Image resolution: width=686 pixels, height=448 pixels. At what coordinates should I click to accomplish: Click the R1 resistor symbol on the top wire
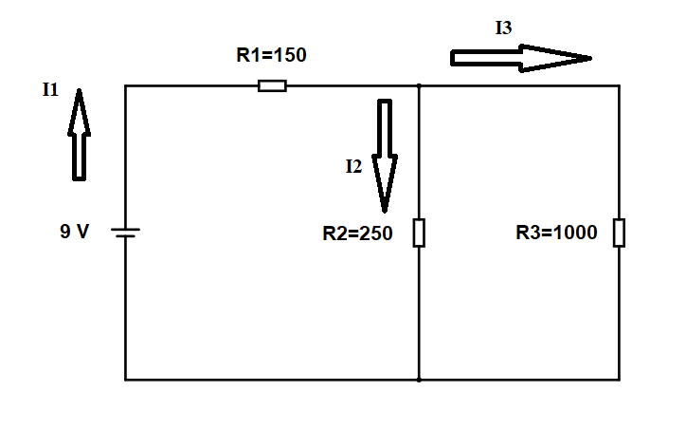tap(272, 86)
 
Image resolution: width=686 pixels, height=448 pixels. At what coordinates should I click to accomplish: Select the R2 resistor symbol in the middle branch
tap(419, 233)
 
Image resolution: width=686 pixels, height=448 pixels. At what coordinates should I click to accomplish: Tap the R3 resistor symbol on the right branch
tap(619, 233)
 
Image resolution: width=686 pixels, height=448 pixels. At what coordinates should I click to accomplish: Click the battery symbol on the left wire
tap(126, 233)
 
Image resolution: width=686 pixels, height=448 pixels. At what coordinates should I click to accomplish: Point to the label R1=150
tap(271, 55)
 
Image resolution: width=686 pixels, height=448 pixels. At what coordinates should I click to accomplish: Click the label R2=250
tap(357, 233)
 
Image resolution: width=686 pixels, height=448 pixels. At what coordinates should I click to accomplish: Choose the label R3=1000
tap(556, 233)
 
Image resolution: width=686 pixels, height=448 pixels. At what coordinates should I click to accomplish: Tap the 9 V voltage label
tap(74, 231)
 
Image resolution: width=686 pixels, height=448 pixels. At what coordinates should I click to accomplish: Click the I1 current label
tap(50, 90)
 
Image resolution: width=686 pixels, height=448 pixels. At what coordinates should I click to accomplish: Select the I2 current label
tap(354, 166)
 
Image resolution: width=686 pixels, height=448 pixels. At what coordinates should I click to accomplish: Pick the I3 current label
tap(503, 28)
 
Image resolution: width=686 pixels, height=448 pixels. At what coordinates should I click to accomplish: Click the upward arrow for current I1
tap(80, 134)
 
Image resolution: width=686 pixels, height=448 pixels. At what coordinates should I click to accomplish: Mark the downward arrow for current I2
tap(385, 156)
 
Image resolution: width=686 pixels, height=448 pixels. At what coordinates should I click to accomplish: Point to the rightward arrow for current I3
tap(521, 58)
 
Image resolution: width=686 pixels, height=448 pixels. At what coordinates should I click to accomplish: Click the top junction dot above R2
tap(419, 86)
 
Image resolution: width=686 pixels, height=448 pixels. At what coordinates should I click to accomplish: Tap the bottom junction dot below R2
tap(419, 380)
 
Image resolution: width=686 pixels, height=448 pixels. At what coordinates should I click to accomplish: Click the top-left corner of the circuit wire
tap(126, 86)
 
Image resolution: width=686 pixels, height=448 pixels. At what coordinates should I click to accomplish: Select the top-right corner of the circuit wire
tap(619, 86)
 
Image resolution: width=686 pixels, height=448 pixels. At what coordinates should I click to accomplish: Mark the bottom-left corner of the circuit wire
tap(126, 380)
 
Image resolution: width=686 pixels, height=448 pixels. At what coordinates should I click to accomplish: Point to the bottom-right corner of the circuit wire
tap(619, 380)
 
